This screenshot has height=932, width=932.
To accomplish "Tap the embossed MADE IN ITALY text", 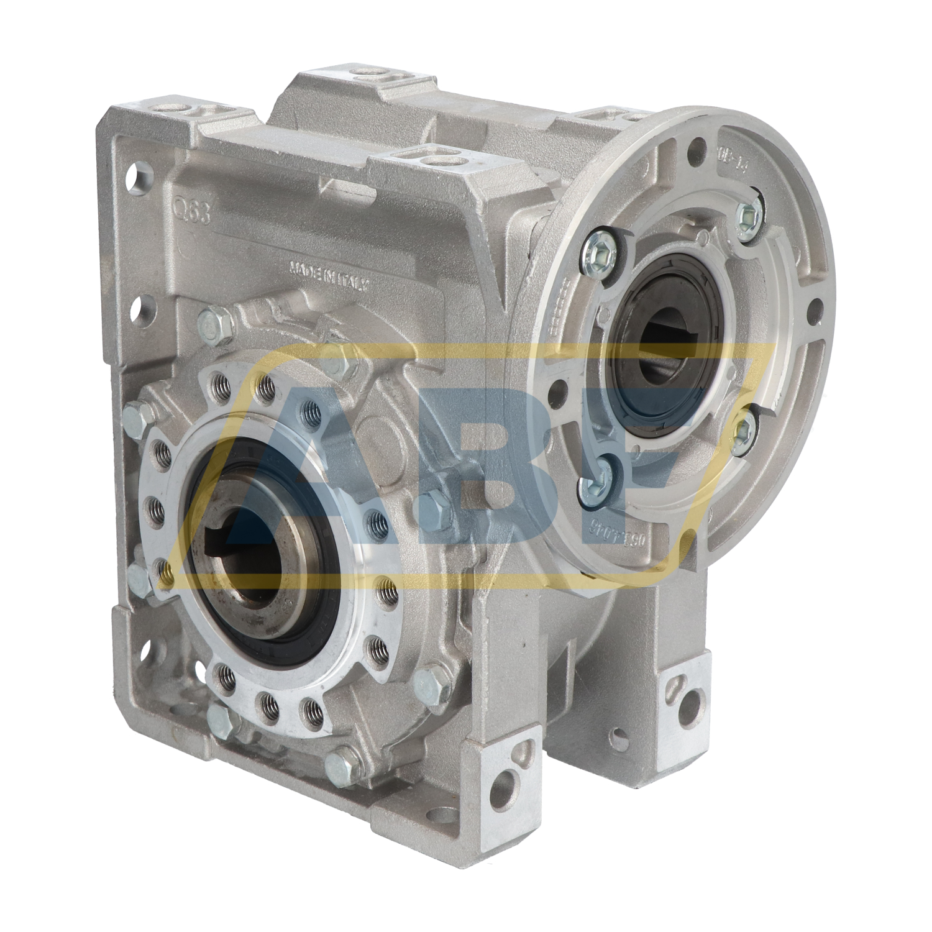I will pyautogui.click(x=331, y=275).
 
